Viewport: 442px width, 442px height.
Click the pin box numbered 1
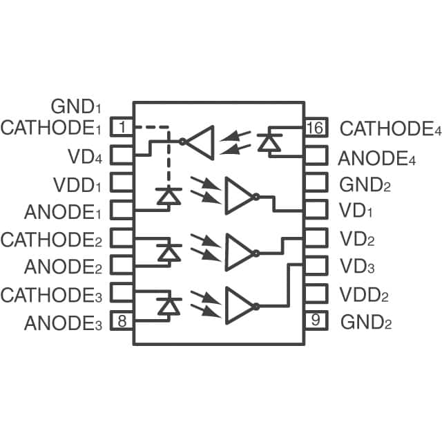tap(122, 127)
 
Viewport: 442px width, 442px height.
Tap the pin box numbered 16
tap(314, 127)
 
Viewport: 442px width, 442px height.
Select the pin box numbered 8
tap(122, 320)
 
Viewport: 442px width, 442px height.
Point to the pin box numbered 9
tap(314, 320)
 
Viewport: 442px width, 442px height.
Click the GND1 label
tap(76, 107)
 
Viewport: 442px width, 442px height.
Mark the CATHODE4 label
tap(391, 128)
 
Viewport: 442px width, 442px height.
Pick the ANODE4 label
tap(377, 158)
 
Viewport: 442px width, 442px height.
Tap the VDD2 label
tap(364, 295)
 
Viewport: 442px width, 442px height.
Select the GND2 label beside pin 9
tap(365, 322)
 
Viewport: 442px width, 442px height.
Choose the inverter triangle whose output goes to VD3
tap(240, 305)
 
